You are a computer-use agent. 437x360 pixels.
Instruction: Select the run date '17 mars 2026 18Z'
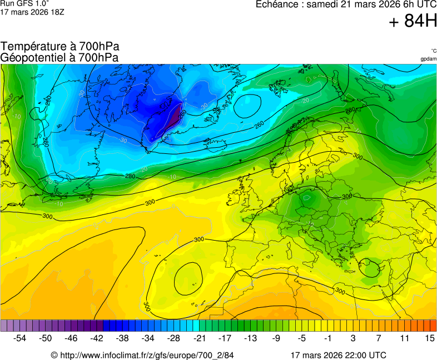coord(32,12)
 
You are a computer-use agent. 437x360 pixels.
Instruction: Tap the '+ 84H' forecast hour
coord(413,22)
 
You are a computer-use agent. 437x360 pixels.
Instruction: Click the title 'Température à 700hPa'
coord(60,47)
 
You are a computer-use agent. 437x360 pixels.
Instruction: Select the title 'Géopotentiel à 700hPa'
coord(59,57)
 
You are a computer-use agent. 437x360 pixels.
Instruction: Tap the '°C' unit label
coord(433,51)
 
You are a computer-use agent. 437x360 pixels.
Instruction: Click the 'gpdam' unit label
coord(428,58)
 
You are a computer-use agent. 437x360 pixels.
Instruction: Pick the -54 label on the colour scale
coord(20,338)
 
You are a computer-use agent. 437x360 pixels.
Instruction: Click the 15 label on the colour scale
coord(429,338)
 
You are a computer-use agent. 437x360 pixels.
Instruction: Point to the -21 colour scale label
coord(199,338)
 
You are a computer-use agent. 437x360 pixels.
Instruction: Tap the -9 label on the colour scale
coord(276,338)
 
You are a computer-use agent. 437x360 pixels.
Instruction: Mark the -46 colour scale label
coord(71,338)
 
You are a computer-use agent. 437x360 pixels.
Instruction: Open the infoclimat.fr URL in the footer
coord(142,355)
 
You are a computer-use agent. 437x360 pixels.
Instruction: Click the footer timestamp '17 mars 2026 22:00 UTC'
coord(338,355)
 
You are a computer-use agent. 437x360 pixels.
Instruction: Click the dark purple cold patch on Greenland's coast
coord(177,114)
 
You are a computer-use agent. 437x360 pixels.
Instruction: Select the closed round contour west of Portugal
coord(188,278)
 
